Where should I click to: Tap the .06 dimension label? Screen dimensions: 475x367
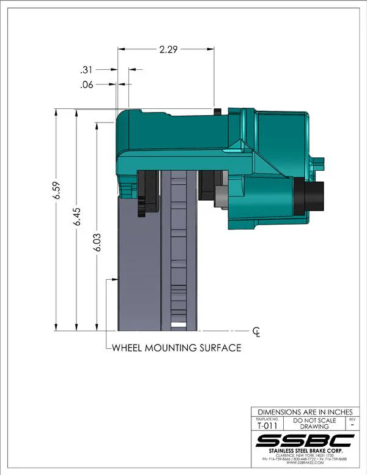[87, 85]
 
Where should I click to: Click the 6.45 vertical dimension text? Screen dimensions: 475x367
[76, 218]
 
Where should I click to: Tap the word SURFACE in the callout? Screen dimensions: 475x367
[219, 348]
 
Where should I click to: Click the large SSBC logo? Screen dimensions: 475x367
[305, 441]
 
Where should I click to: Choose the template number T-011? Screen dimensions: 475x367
[265, 427]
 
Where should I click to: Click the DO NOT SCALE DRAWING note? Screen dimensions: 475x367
[314, 424]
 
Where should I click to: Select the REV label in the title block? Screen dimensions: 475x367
[351, 419]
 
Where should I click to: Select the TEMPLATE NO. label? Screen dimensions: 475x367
[265, 419]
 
